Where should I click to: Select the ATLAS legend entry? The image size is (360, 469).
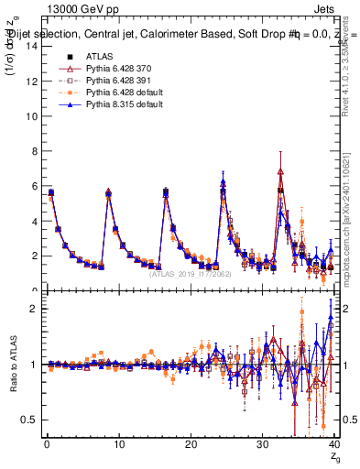98,57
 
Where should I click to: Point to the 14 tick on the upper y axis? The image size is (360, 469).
31,47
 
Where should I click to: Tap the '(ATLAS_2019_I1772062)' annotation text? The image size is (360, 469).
191,273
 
